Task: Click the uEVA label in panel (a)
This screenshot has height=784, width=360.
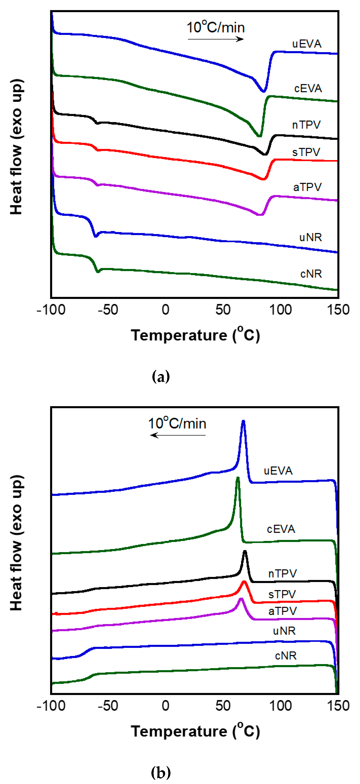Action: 307,44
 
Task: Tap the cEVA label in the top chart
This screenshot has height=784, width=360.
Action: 308,88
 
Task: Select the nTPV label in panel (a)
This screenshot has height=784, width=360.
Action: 306,125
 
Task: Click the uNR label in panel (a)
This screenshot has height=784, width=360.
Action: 310,237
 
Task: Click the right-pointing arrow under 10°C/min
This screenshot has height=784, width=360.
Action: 215,39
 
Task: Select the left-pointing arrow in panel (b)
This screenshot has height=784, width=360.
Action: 178,435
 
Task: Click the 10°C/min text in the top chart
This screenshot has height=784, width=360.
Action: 215,27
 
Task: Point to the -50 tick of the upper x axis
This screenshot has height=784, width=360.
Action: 108,310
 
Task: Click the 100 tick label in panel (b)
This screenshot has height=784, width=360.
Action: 280,706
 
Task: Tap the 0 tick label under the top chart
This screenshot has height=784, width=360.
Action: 165,310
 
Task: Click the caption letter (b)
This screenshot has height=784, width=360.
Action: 161,772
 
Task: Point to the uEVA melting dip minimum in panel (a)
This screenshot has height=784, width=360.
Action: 264,91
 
